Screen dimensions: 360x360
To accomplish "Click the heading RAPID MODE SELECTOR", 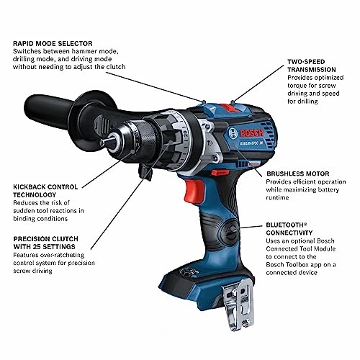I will [58, 43].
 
